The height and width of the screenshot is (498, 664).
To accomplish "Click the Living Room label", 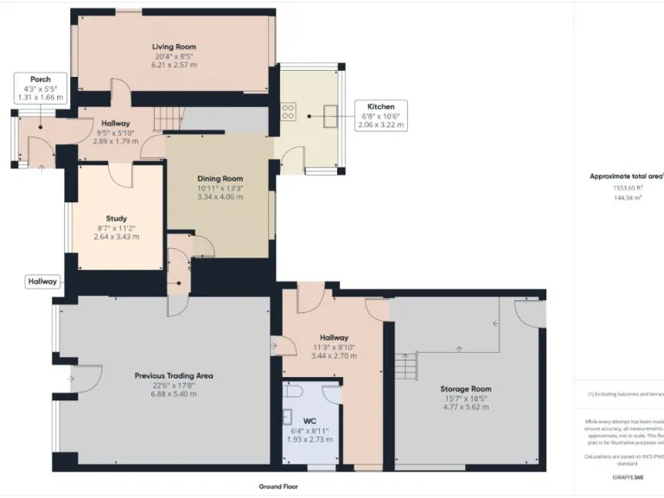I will (x=174, y=47).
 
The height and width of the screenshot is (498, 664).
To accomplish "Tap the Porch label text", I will (x=40, y=80).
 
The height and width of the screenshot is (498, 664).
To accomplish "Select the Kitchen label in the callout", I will (x=381, y=107).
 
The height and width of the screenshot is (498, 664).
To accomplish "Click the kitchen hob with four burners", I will (x=289, y=112).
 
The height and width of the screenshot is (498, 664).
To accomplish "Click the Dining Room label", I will (x=220, y=178).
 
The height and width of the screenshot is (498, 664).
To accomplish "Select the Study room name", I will (x=117, y=218).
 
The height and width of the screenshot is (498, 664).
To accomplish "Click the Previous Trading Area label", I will (x=174, y=375).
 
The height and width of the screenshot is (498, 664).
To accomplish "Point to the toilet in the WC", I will (x=294, y=393).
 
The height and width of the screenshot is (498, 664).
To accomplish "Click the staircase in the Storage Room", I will (x=405, y=364).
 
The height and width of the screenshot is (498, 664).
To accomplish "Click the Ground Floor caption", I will (x=278, y=487).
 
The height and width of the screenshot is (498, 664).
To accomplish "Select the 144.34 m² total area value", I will (x=627, y=198).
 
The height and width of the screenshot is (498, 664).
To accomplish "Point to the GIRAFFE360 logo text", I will (x=628, y=477).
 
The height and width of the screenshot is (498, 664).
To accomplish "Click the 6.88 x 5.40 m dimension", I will (x=174, y=394).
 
